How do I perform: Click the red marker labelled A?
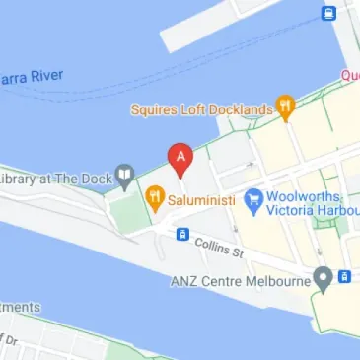[x=180, y=158]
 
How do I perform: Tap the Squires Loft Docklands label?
[x=202, y=109]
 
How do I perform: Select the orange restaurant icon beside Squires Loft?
[x=286, y=106]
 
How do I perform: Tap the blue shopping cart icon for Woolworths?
[x=253, y=199]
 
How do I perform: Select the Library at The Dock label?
[x=53, y=179]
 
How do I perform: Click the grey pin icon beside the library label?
[x=124, y=178]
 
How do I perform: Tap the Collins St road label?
[x=219, y=246]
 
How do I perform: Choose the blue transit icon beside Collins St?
[x=182, y=235]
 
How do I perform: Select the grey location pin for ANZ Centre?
[x=322, y=277]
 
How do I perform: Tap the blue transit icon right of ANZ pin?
[x=344, y=277]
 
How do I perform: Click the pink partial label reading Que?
[x=349, y=75]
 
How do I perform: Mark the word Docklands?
[x=240, y=109]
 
